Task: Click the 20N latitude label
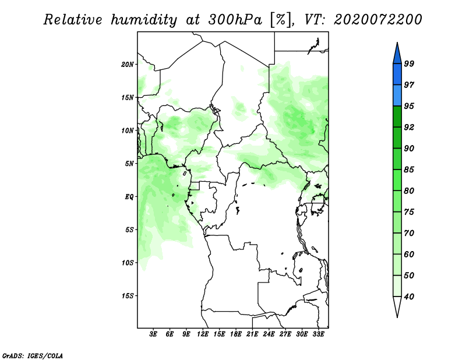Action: click(128, 65)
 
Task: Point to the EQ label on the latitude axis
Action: click(129, 197)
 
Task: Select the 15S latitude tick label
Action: click(128, 296)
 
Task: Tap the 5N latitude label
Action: click(129, 164)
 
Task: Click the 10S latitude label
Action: click(128, 263)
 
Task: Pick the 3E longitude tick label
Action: click(153, 334)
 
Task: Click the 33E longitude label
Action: click(318, 334)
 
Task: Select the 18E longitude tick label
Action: click(236, 334)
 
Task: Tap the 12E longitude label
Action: click(203, 334)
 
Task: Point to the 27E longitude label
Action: click(285, 334)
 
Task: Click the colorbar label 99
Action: click(409, 63)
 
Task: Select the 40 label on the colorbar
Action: click(409, 297)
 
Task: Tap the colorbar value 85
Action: click(409, 170)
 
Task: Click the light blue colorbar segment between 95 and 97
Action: click(397, 96)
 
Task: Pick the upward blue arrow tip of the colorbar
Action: click(397, 43)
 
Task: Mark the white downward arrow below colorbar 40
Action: click(397, 307)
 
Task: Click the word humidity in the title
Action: click(144, 20)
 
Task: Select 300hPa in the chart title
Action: click(235, 20)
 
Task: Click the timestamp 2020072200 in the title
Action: click(377, 20)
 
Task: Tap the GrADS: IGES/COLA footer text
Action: click(33, 355)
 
